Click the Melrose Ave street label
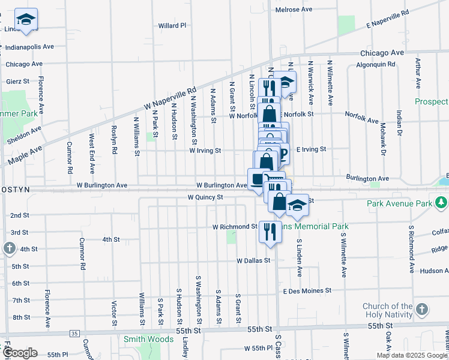point(294,10)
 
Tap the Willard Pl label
point(172,26)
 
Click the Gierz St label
point(18,81)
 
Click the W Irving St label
point(205,151)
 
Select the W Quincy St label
point(205,197)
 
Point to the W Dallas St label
point(255,261)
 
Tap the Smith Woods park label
point(144,339)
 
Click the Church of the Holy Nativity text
point(388,311)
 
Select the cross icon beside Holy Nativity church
point(422,310)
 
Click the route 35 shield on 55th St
point(74,333)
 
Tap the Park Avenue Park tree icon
point(442,203)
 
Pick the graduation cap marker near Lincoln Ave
point(26,20)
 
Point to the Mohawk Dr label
point(382,134)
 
